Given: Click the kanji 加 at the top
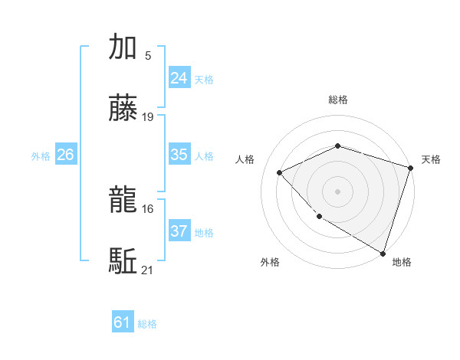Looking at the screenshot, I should (x=123, y=47).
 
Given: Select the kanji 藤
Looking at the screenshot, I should (x=123, y=110).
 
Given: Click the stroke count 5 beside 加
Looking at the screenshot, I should (x=147, y=55).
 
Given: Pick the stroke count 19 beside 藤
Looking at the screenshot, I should (x=148, y=117).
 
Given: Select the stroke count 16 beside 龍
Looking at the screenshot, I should (x=148, y=208).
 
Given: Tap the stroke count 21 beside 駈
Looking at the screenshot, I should (x=148, y=270).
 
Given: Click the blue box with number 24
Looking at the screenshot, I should (x=179, y=78).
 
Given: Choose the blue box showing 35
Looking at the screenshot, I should (x=179, y=155).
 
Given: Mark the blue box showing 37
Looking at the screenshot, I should (x=179, y=231).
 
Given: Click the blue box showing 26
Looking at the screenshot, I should (x=65, y=155).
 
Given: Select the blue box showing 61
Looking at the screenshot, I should (x=123, y=322).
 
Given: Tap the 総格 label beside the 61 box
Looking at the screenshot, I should (x=147, y=324).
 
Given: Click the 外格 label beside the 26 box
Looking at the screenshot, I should (x=41, y=156).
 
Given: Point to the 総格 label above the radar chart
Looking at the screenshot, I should (x=337, y=100).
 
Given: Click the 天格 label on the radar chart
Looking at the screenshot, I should (x=431, y=159).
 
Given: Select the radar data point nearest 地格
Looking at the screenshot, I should (x=383, y=252).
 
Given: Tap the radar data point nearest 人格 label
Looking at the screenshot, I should (x=280, y=172).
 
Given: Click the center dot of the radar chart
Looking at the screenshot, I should (x=337, y=191).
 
